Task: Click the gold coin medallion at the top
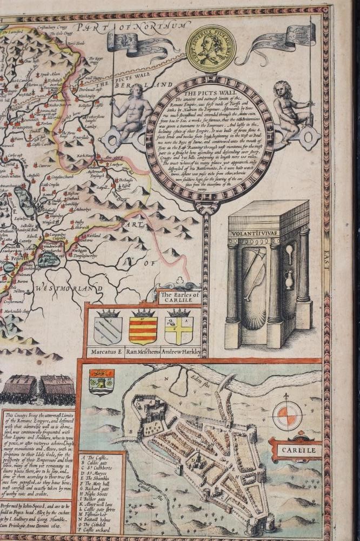[210, 49]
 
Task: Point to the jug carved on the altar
[289, 281]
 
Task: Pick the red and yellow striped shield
[143, 330]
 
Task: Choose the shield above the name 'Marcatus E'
[108, 329]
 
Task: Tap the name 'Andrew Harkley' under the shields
[181, 353]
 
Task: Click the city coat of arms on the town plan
[102, 381]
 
